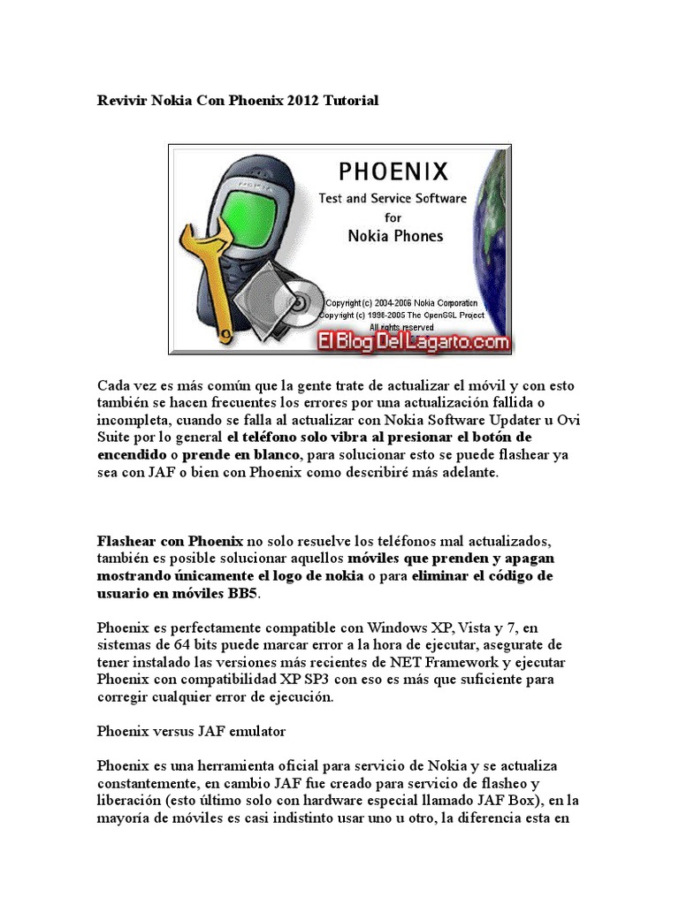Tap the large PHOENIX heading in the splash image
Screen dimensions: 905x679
point(393,171)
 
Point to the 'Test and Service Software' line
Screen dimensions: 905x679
point(393,198)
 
